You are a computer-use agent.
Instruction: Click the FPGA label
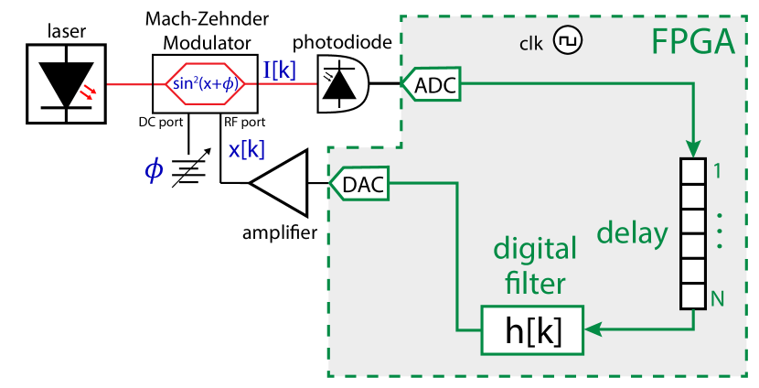(x=692, y=42)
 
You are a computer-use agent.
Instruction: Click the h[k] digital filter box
(x=532, y=330)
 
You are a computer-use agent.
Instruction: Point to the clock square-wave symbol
(x=570, y=42)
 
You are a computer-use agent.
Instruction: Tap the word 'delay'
(x=632, y=233)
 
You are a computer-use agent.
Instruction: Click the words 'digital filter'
(x=535, y=265)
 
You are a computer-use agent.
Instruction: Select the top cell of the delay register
(x=693, y=171)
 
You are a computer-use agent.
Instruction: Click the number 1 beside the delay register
(x=718, y=171)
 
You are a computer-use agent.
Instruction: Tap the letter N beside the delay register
(x=718, y=297)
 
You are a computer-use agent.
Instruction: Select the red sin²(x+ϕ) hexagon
(x=205, y=84)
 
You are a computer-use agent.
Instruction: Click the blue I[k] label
(x=280, y=70)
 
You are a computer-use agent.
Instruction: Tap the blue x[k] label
(x=247, y=150)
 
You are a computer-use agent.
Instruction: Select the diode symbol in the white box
(x=67, y=84)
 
